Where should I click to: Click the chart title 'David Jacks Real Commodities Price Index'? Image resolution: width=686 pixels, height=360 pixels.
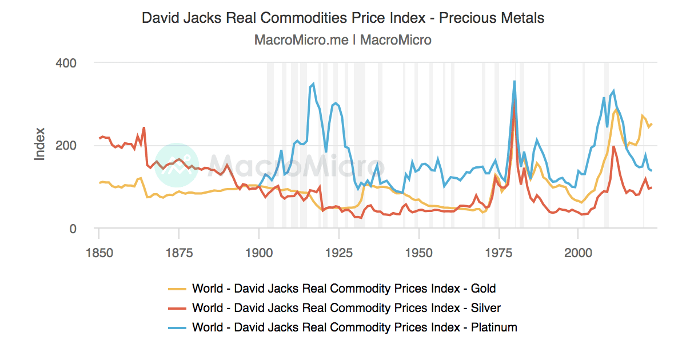coord(342,18)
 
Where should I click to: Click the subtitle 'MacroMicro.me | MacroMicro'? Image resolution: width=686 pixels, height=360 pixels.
coord(342,40)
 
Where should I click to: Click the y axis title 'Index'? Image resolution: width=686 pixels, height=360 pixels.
coord(39,146)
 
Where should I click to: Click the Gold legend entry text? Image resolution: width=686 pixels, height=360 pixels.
coord(344,289)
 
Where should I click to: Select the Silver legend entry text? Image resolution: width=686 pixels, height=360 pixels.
coord(346,308)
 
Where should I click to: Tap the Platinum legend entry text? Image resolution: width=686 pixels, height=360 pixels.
coord(354,327)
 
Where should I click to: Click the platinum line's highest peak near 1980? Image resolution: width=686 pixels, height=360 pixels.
coord(514,81)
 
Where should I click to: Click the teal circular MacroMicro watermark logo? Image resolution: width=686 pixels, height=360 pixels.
coord(177,165)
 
